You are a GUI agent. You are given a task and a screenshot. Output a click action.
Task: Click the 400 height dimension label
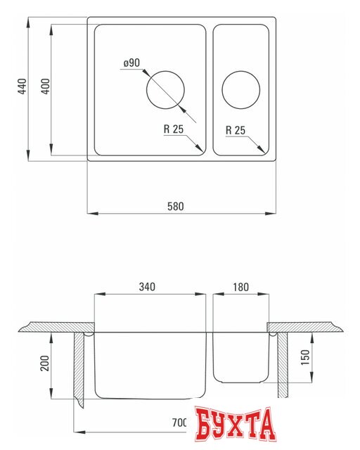coord(45,87)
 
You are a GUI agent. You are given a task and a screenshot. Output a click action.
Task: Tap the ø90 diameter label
coord(131,63)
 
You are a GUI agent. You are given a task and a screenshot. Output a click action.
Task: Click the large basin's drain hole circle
coord(165,89)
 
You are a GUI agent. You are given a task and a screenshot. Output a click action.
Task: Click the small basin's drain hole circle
coord(240,89)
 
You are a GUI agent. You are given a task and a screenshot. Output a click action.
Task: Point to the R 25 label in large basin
coord(174,130)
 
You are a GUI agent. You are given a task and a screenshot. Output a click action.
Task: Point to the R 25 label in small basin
coord(236,130)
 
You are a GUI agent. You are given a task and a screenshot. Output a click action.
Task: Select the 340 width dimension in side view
coord(147,286)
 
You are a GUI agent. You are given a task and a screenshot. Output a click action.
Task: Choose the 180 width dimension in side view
coord(240,286)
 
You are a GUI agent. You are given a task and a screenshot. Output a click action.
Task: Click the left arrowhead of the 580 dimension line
coord(91,212)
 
